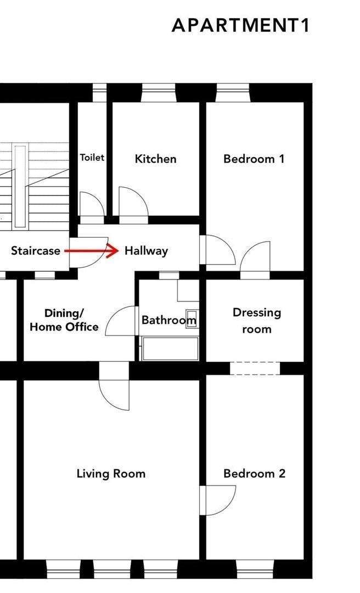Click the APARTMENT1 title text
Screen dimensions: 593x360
(x=241, y=25)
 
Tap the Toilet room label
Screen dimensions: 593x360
(x=92, y=158)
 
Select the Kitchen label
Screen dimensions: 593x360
(x=156, y=159)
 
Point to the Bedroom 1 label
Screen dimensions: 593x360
(x=254, y=159)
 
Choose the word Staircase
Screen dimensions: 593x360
(x=36, y=251)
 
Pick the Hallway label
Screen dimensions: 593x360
(x=146, y=251)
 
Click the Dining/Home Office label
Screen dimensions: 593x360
(x=64, y=320)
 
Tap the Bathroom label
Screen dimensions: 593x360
(x=168, y=320)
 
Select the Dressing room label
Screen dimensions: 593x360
(x=256, y=321)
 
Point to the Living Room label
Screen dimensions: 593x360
(x=111, y=473)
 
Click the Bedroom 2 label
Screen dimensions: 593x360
(x=254, y=473)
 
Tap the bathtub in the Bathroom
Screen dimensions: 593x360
(x=170, y=349)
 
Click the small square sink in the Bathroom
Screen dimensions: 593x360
(x=192, y=321)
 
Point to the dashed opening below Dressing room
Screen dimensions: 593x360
(x=255, y=368)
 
